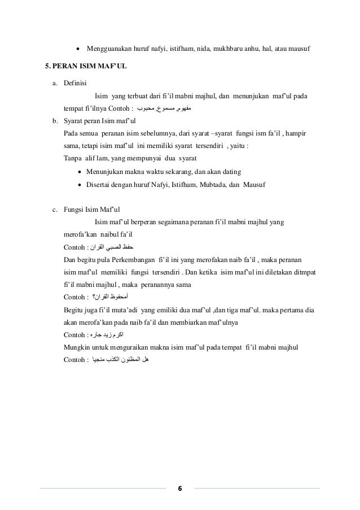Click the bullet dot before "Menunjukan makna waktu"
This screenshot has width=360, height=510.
[80, 172]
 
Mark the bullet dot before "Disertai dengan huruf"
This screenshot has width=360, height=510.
[80, 185]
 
